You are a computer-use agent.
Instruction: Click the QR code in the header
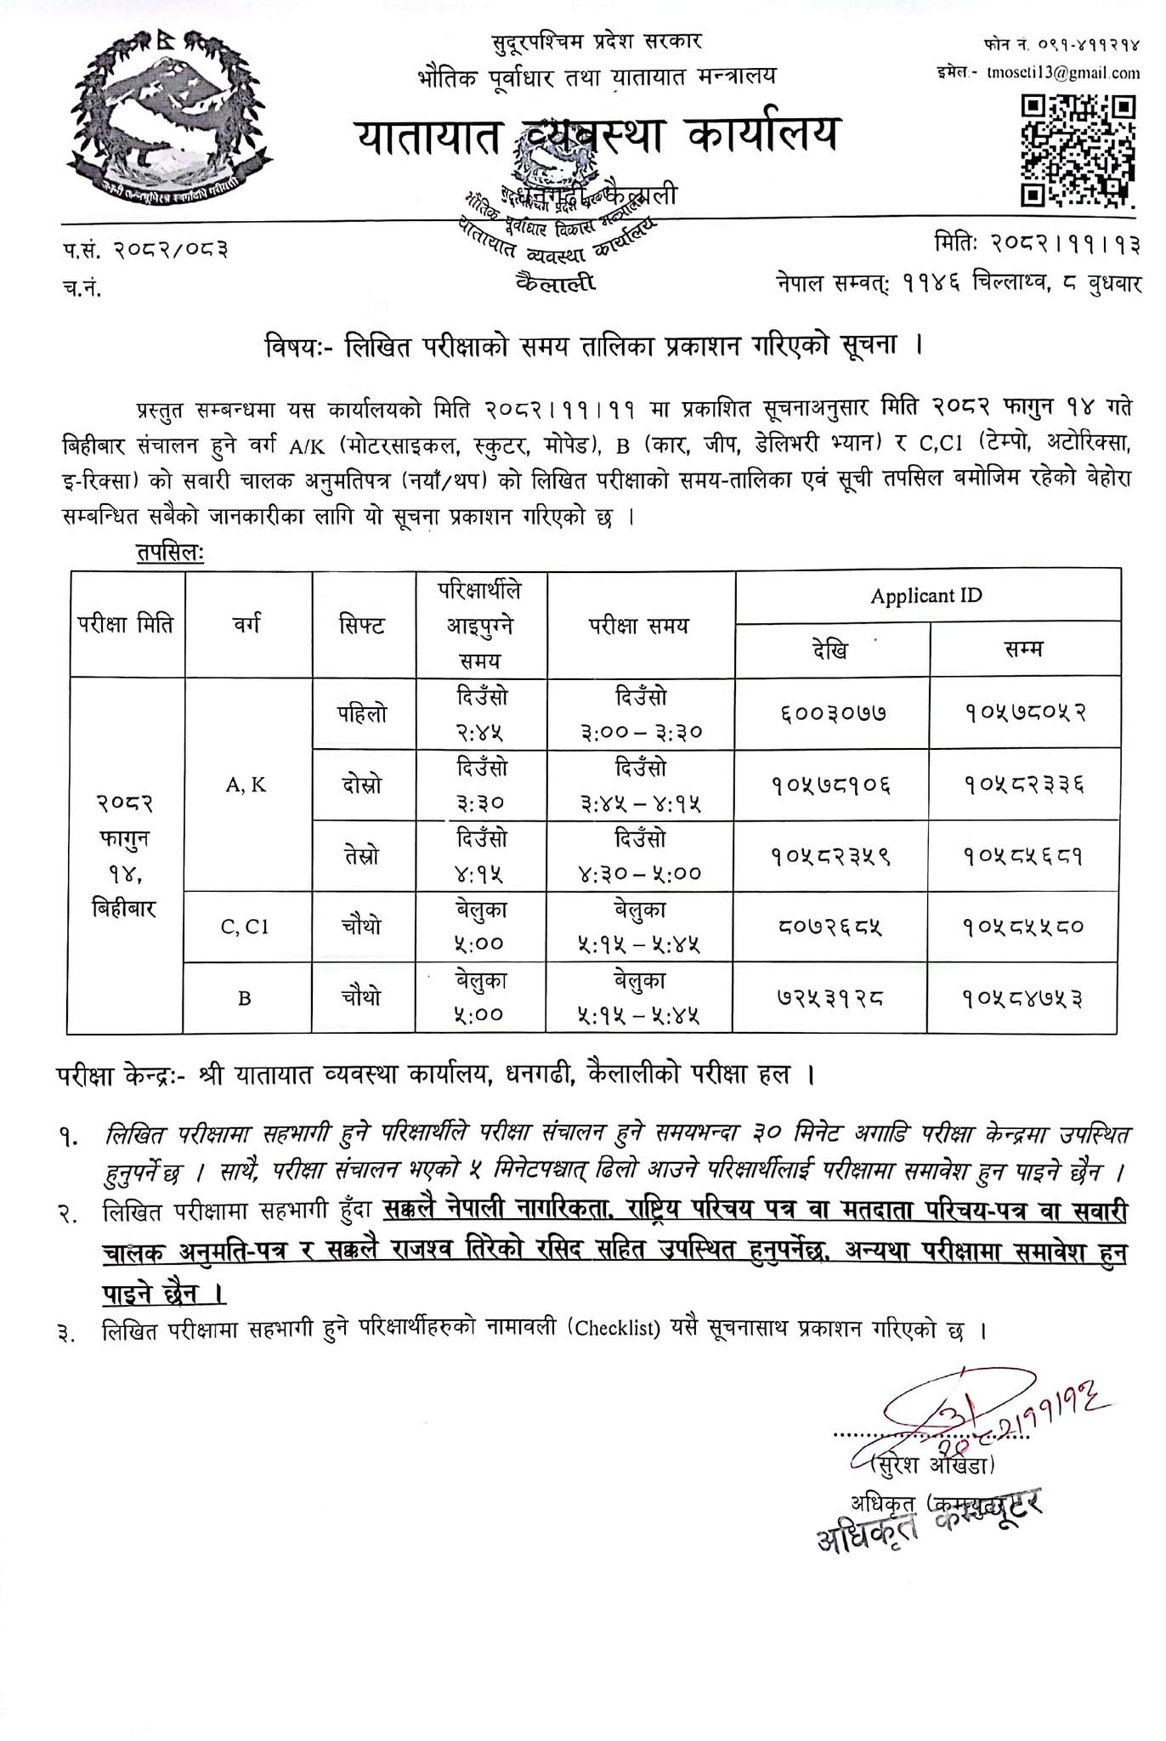pyautogui.click(x=1078, y=150)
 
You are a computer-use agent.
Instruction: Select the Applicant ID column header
pyautogui.click(x=925, y=596)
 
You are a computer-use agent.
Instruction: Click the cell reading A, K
pyautogui.click(x=246, y=785)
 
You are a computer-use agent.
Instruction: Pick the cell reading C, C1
pyautogui.click(x=245, y=927)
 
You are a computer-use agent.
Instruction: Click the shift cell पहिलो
pyautogui.click(x=362, y=713)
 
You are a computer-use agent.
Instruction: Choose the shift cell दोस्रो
pyautogui.click(x=362, y=785)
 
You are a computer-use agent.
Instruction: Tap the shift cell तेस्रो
pyautogui.click(x=362, y=855)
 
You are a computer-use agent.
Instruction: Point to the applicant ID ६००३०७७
pyautogui.click(x=831, y=713)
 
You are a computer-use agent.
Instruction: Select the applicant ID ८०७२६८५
pyautogui.click(x=830, y=927)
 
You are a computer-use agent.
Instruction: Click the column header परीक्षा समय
pyautogui.click(x=640, y=627)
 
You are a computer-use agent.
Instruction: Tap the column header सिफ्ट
pyautogui.click(x=362, y=627)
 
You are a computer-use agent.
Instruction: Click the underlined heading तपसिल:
pyautogui.click(x=170, y=553)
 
